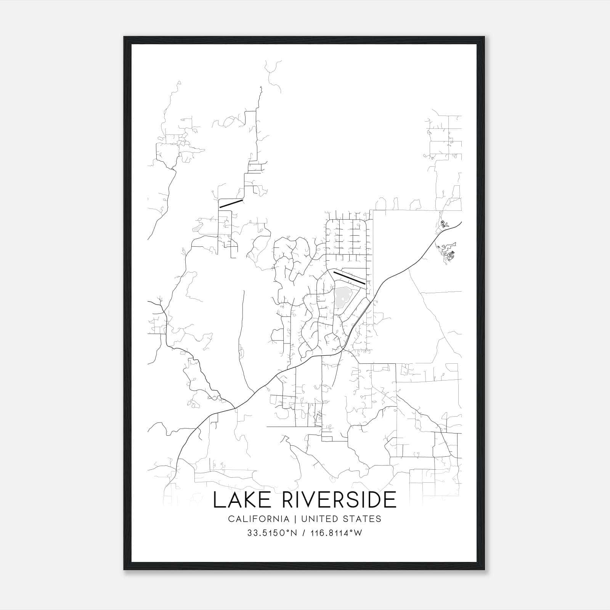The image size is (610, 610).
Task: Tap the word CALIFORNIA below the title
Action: coord(258,519)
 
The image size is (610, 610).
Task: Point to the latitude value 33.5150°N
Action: coord(272,533)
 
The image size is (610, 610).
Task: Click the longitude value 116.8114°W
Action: coord(335,533)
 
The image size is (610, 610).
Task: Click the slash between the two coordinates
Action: coord(303,533)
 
